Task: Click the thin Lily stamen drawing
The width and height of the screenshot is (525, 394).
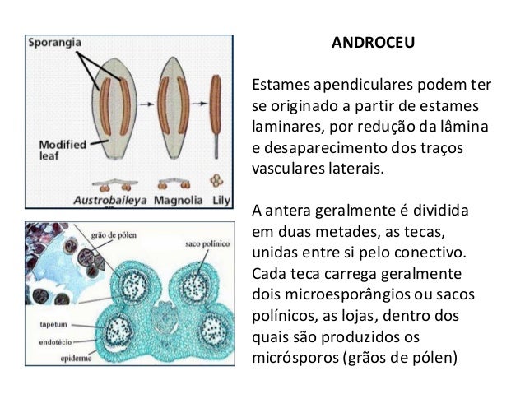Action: pos(216,107)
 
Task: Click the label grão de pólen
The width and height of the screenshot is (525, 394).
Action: pos(114,234)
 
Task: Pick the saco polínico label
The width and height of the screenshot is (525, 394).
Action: pos(203,244)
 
